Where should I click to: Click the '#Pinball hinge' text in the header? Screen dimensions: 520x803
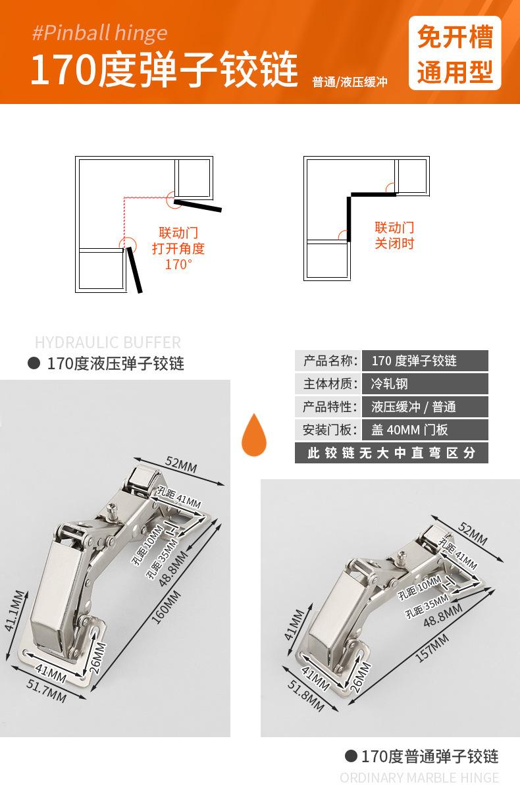pos(99,34)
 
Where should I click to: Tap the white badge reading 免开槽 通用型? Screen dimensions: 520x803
pos(455,53)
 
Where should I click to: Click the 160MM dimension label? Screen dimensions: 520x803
pos(166,608)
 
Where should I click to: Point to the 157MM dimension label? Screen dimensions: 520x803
pos(432,648)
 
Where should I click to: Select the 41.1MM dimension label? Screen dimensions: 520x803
pos(15,611)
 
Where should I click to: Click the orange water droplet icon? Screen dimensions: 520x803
pos(254,434)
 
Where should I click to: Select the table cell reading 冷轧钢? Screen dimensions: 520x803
pos(425,384)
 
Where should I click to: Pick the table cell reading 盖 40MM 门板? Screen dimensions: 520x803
pos(425,429)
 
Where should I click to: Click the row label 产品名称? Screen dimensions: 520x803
pos(328,361)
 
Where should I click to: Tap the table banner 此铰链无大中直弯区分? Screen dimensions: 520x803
pos(392,453)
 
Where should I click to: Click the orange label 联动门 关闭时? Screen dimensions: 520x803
pos(394,236)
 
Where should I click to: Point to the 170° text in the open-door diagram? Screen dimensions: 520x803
pos(178,265)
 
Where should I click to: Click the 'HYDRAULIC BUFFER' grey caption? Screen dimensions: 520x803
pos(107,342)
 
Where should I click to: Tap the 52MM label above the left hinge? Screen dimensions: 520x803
pos(181,464)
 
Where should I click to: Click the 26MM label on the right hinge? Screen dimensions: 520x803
pos(361,677)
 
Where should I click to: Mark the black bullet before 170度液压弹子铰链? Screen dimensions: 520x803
pos(34,363)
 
